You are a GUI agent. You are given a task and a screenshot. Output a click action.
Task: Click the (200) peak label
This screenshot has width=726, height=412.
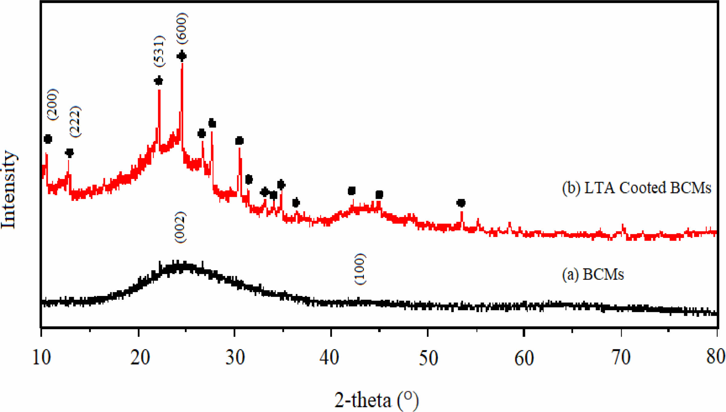point(53,105)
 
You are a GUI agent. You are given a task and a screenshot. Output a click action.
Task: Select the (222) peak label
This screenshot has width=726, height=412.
point(75,122)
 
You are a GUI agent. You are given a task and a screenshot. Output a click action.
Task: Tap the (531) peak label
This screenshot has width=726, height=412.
point(160,51)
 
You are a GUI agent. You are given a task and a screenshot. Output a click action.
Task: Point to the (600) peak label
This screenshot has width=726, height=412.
point(182,28)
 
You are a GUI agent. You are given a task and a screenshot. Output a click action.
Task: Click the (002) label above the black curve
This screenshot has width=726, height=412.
point(180,227)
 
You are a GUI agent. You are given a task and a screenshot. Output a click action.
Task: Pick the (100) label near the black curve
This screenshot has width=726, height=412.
point(360,269)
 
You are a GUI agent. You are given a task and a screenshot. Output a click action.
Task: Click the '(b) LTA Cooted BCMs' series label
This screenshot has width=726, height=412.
point(637,188)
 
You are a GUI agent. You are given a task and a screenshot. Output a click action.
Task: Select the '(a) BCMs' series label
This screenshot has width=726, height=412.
point(593,274)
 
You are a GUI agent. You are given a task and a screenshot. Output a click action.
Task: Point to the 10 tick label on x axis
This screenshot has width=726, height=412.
point(41,357)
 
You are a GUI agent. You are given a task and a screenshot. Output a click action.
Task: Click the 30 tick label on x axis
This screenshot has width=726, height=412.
point(235,357)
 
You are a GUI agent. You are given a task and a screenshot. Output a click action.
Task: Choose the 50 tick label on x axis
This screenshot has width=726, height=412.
point(428,357)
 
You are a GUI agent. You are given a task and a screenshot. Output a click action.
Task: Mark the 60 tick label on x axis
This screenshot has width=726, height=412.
point(524,357)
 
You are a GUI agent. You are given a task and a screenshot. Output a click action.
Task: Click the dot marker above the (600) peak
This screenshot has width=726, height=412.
point(182,56)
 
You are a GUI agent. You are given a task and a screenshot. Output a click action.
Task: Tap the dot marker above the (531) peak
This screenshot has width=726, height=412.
point(158,81)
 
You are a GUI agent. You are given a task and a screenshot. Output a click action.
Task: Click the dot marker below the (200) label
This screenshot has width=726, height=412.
point(48,139)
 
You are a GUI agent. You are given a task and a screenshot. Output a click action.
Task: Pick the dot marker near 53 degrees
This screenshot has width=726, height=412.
point(461,203)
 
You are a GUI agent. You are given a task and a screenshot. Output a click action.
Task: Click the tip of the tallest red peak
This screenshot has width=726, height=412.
point(182,63)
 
